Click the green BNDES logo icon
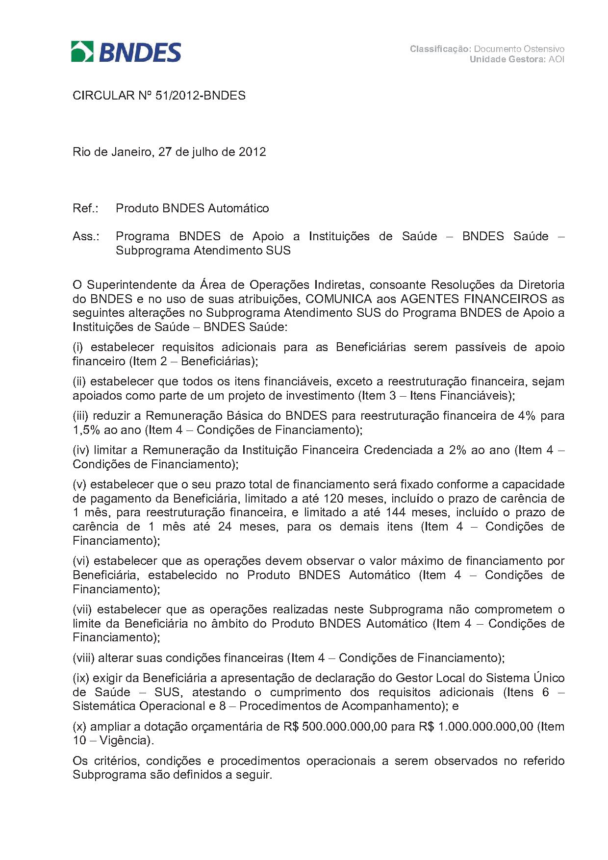(82, 51)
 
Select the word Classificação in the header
(440, 49)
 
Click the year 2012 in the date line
(252, 152)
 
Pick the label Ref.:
(85, 208)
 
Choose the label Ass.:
(86, 236)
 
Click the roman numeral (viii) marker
(83, 658)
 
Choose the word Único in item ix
(548, 679)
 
